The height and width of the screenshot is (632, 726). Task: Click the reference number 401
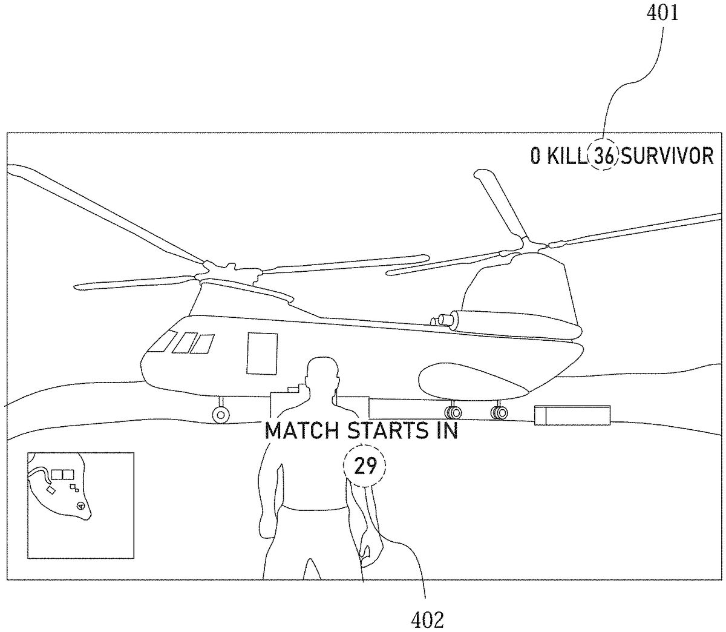(x=662, y=13)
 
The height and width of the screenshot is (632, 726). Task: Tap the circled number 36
(x=604, y=157)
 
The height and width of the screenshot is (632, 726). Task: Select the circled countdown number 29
(x=365, y=466)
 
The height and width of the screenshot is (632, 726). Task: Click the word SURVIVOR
(x=668, y=157)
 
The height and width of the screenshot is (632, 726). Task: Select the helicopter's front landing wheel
(x=221, y=415)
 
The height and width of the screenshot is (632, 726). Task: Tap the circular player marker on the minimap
(x=80, y=505)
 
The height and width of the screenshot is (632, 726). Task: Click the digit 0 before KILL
(x=535, y=157)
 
